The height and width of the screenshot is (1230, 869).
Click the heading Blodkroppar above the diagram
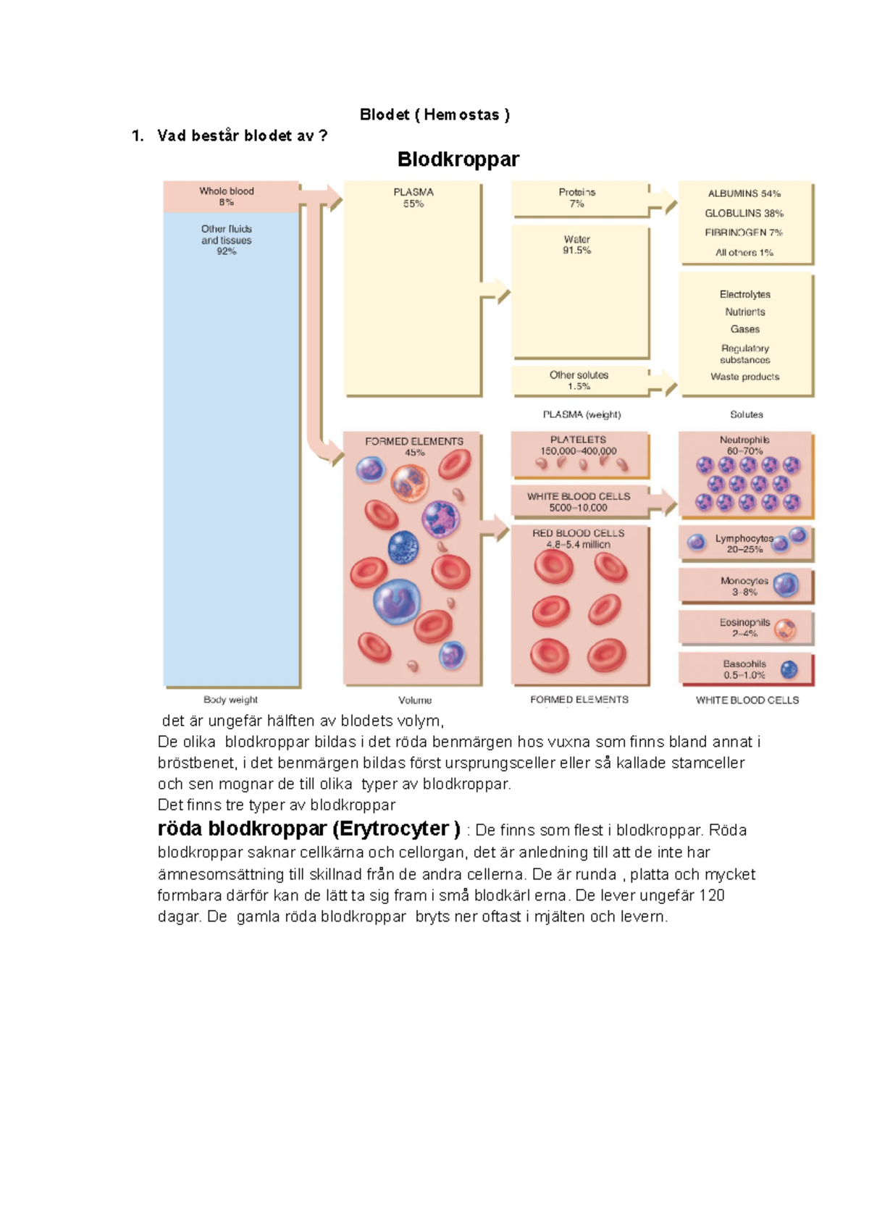458,159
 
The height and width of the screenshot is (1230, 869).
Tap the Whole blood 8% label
226,196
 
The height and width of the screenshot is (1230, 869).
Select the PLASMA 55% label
413,198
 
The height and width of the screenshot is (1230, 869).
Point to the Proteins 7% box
579,198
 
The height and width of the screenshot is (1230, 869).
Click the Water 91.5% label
576,245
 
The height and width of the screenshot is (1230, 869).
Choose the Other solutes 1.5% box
580,381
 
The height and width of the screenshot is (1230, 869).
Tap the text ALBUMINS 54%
744,193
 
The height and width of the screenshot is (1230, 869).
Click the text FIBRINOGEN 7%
744,233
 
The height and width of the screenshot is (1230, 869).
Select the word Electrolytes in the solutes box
745,294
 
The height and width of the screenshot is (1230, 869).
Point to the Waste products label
745,377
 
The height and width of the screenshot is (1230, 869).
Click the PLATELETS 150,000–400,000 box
580,455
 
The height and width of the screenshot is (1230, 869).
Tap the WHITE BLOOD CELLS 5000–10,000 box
580,501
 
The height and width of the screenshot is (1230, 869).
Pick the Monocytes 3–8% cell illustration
786,585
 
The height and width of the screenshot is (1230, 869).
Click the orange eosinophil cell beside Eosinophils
785,629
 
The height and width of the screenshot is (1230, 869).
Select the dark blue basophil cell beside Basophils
789,669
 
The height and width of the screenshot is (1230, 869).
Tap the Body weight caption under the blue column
230,700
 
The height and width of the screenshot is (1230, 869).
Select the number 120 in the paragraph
711,895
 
